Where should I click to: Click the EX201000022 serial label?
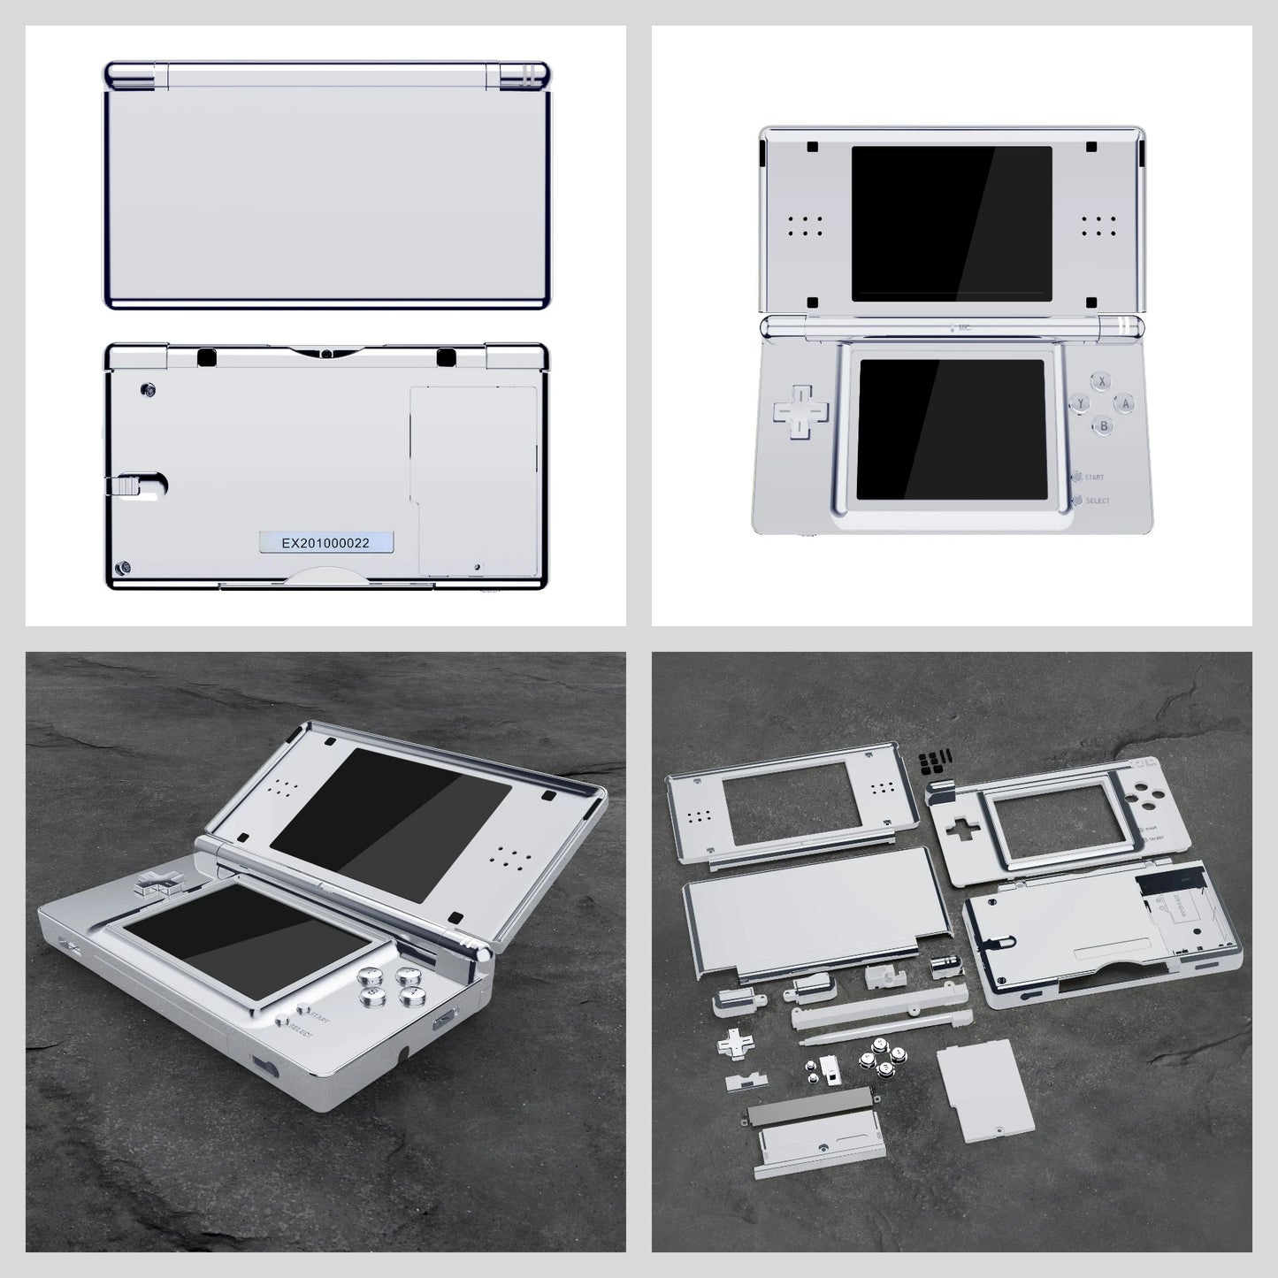(x=325, y=542)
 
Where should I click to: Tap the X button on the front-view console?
(x=1101, y=382)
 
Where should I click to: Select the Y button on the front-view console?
(x=1080, y=404)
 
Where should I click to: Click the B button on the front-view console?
(x=1102, y=425)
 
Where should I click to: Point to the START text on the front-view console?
(x=1094, y=477)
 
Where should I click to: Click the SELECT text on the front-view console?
(x=1097, y=501)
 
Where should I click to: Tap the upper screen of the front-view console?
(x=952, y=224)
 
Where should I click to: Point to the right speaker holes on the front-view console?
(x=1097, y=225)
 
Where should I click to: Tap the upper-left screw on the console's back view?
(x=149, y=389)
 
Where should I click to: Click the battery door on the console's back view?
(x=473, y=481)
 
